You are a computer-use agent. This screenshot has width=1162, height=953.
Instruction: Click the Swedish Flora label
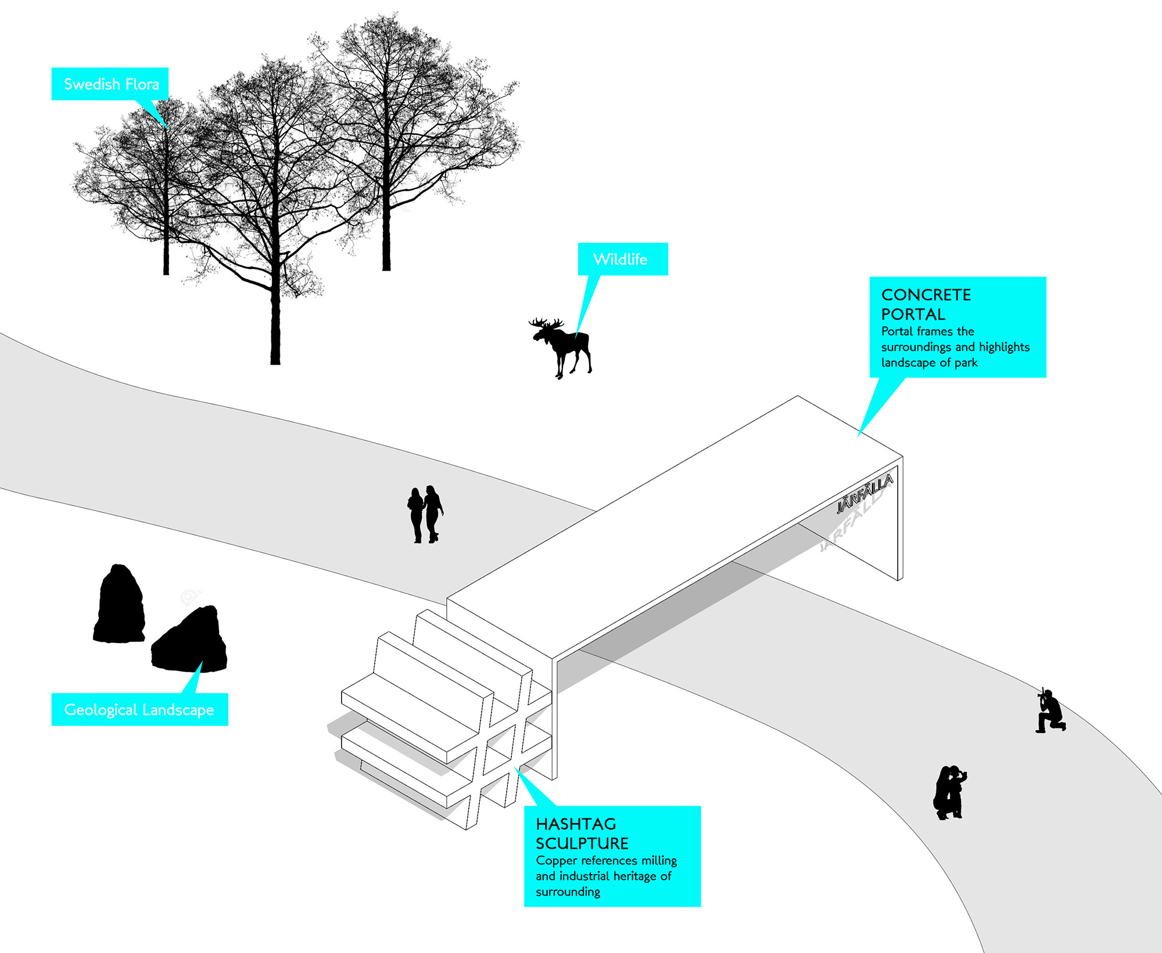click(110, 84)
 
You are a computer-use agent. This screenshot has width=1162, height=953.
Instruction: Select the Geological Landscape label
click(139, 709)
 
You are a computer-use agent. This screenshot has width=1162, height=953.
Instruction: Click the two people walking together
click(425, 514)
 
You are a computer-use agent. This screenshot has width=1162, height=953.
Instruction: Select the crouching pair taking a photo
click(949, 792)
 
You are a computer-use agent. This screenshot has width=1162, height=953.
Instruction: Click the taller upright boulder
click(120, 605)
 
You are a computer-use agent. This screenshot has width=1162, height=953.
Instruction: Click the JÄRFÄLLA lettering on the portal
click(865, 494)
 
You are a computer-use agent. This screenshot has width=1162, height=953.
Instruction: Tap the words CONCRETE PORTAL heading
click(926, 304)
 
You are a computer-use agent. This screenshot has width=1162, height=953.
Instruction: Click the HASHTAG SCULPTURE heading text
click(582, 833)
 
